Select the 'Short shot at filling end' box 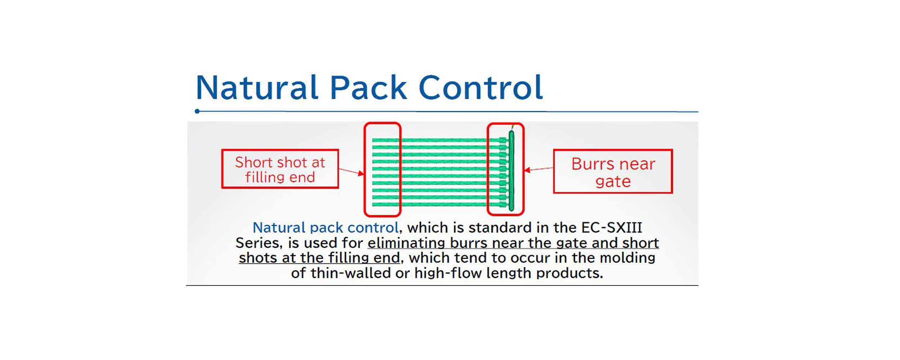[280, 169]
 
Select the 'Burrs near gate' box [613, 172]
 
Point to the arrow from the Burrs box [539, 169]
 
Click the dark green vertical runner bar [511, 171]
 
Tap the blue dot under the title [197, 111]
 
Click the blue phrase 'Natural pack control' [325, 228]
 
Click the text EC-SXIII [612, 228]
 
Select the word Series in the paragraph [259, 243]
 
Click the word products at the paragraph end [569, 273]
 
